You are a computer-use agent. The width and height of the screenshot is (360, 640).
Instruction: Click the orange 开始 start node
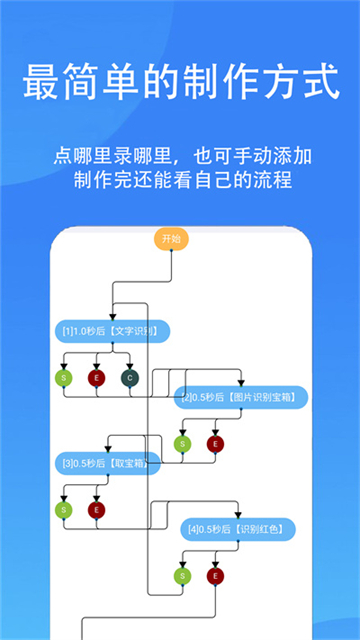pyautogui.click(x=171, y=239)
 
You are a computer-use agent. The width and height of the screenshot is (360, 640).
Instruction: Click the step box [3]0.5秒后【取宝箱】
pyautogui.click(x=106, y=463)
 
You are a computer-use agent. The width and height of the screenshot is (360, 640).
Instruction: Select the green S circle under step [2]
pyautogui.click(x=182, y=443)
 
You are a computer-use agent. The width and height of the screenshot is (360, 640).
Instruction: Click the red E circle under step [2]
pyautogui.click(x=214, y=443)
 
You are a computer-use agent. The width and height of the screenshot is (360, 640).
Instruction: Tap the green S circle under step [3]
pyautogui.click(x=64, y=509)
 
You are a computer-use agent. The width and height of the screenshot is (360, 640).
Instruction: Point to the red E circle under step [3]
pyautogui.click(x=97, y=509)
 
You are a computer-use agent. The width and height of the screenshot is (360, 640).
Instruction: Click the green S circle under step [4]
pyautogui.click(x=182, y=575)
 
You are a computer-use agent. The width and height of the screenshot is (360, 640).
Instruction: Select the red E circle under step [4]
pyautogui.click(x=214, y=575)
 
